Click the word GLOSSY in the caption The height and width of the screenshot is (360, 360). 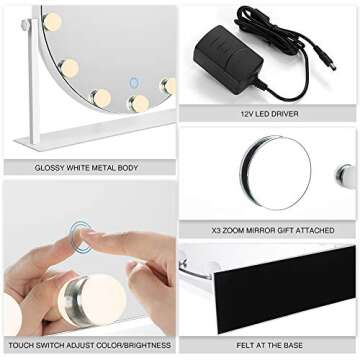52,168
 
